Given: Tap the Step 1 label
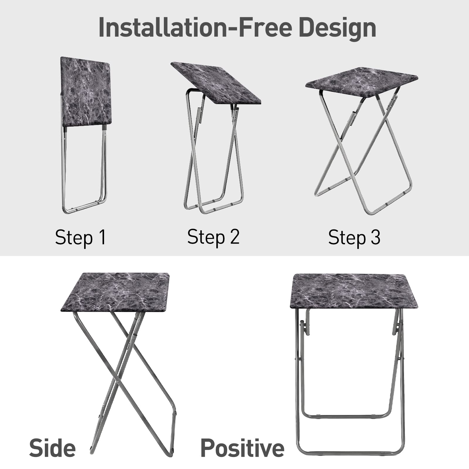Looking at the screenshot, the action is [x=80, y=237].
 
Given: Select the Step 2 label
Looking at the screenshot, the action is [x=213, y=237].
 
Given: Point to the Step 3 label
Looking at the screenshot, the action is [x=354, y=237].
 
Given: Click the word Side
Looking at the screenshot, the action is [x=52, y=448].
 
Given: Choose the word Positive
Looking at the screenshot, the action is [x=242, y=448].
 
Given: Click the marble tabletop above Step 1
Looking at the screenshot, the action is [x=86, y=92].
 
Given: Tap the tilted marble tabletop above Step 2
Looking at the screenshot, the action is [x=216, y=83].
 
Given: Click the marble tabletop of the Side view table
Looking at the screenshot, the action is [x=115, y=293].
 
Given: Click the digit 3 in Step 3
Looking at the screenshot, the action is [x=375, y=237].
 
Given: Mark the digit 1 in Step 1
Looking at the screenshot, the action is [x=103, y=237].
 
